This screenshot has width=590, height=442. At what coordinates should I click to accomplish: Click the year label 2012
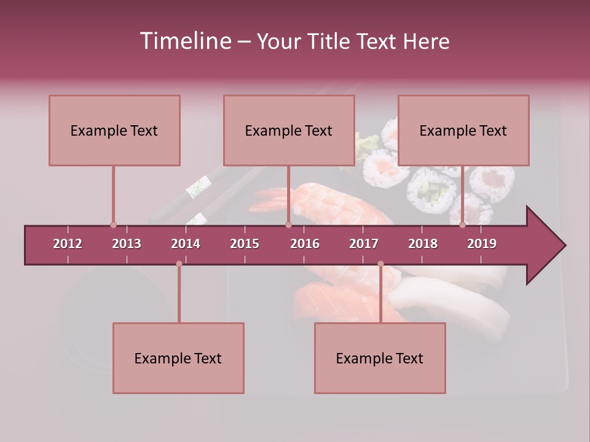(x=68, y=244)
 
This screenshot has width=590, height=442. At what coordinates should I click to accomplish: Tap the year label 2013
(x=127, y=244)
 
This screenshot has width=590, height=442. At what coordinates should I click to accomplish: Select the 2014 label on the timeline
(x=186, y=244)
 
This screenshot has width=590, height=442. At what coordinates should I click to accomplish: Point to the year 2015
(x=245, y=244)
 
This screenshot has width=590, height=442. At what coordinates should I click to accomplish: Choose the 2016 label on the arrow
(x=305, y=244)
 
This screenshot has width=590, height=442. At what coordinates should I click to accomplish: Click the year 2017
(x=364, y=244)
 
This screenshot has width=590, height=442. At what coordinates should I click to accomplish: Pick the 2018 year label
(x=423, y=244)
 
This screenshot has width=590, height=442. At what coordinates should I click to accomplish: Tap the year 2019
(x=482, y=244)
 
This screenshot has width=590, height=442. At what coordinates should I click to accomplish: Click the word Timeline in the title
(x=184, y=41)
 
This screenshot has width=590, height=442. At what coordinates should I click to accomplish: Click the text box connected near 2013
(x=114, y=130)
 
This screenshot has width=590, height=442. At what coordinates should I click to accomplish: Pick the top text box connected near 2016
(x=289, y=130)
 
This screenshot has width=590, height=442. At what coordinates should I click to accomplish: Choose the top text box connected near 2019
(x=463, y=130)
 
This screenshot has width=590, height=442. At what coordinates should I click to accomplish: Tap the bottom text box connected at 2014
(x=178, y=358)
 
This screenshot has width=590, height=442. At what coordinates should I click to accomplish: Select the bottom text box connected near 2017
(x=380, y=358)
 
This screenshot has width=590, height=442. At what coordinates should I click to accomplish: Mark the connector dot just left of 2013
(x=113, y=225)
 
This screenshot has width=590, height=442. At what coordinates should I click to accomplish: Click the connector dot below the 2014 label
(x=179, y=264)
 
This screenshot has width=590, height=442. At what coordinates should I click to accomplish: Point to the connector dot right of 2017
(x=380, y=264)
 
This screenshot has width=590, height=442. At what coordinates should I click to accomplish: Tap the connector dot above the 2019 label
(x=463, y=225)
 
